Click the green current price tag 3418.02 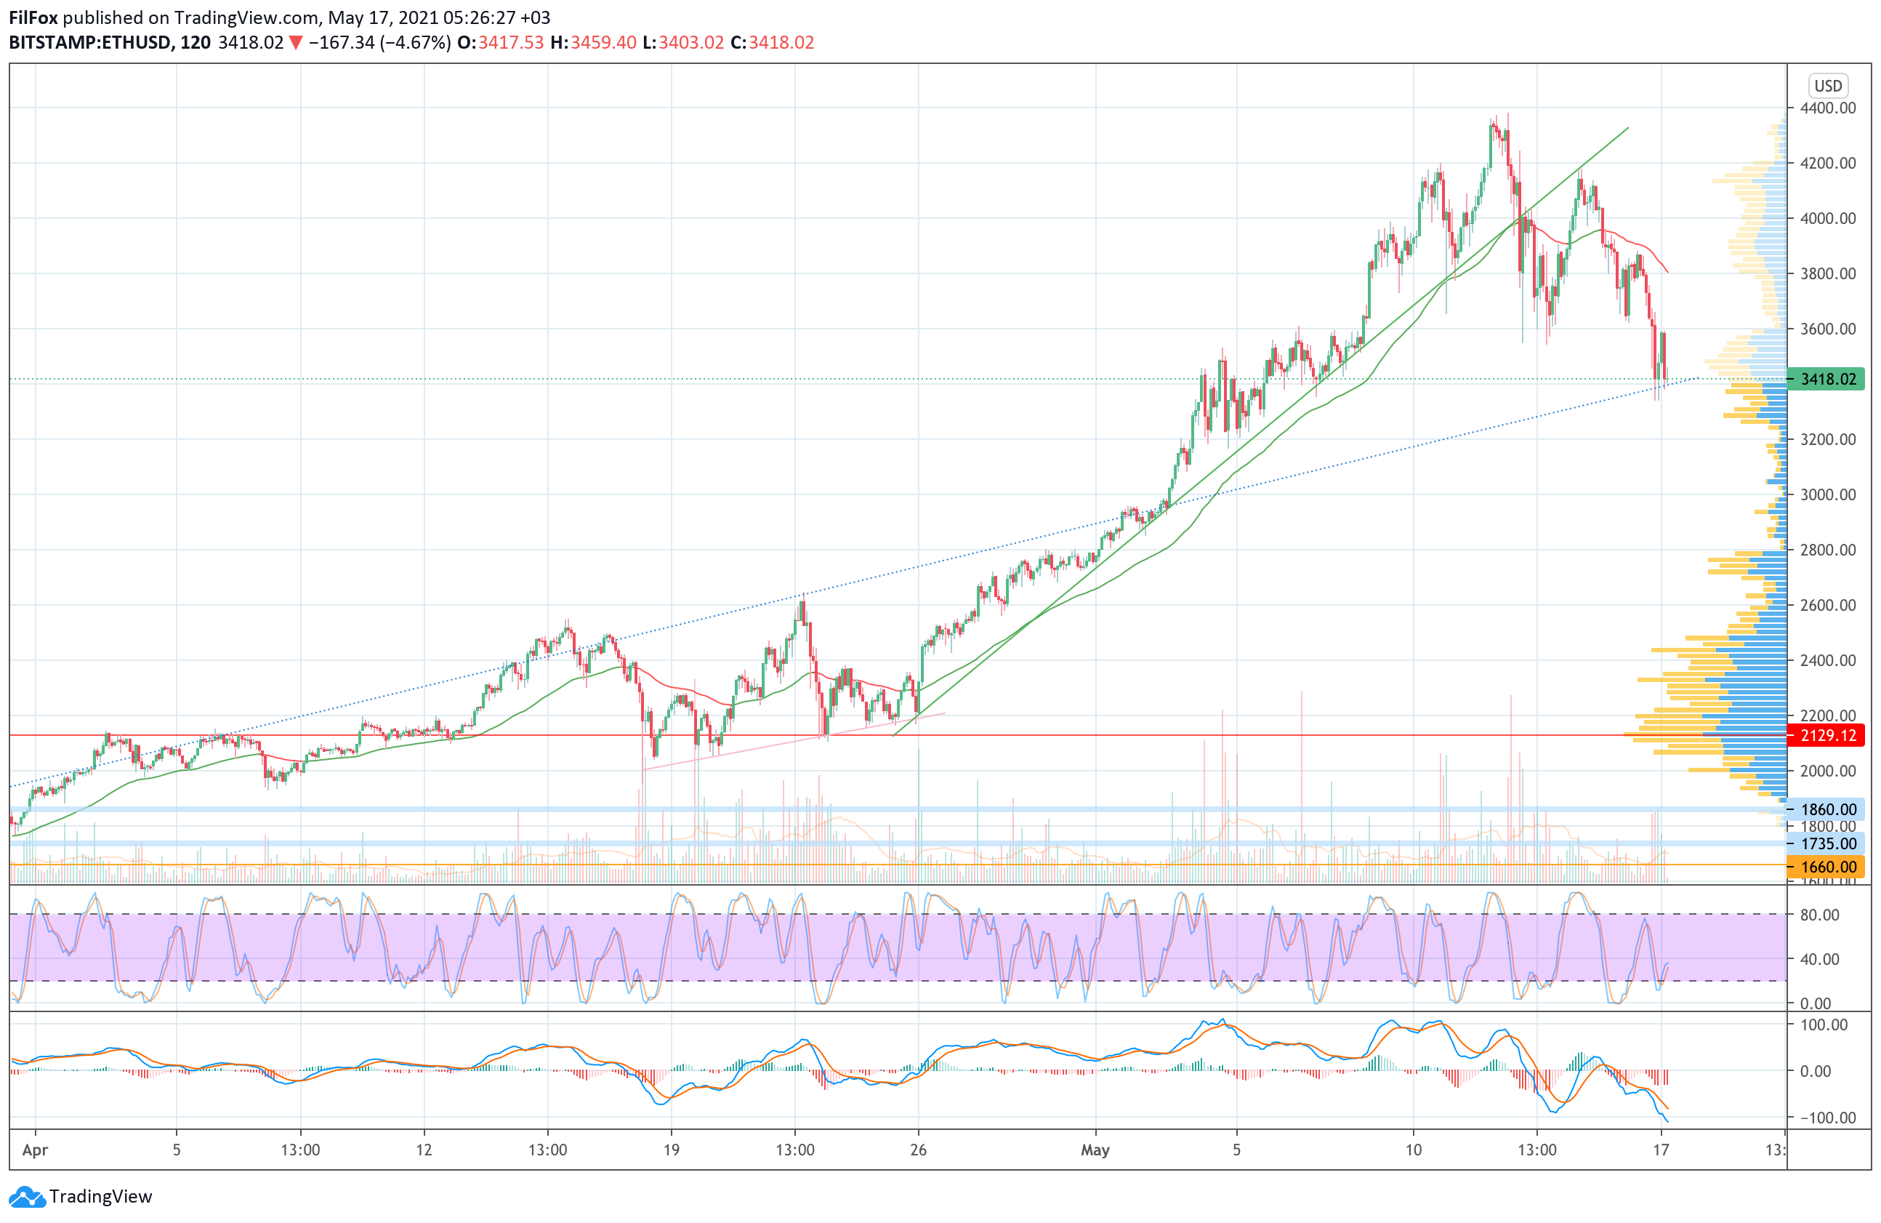point(1827,379)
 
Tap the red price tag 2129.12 point(1827,735)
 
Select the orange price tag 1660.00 point(1827,867)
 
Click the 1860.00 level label point(1827,809)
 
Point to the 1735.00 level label point(1827,843)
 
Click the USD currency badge point(1827,85)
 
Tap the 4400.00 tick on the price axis point(1827,108)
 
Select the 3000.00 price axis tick point(1827,495)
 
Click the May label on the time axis point(1095,1150)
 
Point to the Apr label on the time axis point(35,1150)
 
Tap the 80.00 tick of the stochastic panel point(1819,915)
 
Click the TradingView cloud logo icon point(28,1197)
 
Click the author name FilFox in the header point(33,17)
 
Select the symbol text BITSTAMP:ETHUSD point(89,43)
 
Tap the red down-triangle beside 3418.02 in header point(296,43)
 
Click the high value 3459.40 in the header point(603,43)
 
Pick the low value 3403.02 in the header point(690,43)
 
